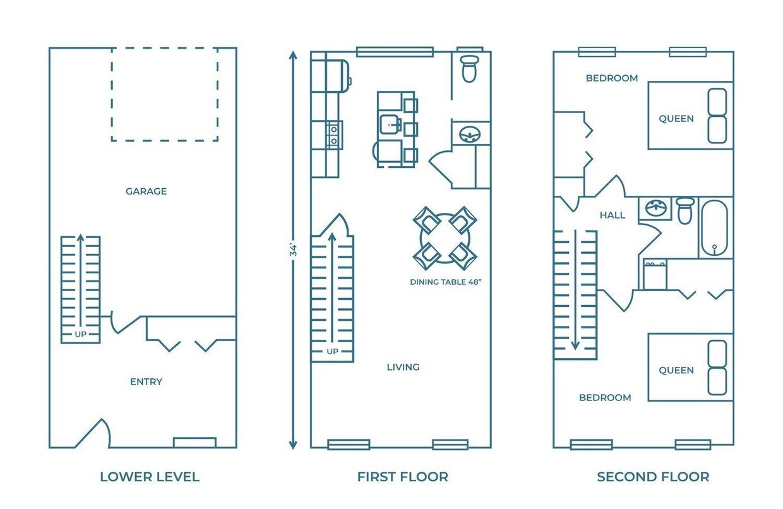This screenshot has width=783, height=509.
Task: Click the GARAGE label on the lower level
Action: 146,191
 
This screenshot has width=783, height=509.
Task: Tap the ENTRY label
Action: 146,381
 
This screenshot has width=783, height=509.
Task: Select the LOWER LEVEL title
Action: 150,477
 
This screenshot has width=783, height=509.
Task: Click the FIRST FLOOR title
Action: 403,477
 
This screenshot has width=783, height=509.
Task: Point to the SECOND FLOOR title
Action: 653,477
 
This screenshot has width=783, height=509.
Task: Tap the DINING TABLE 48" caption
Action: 446,282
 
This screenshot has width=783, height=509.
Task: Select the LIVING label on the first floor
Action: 403,367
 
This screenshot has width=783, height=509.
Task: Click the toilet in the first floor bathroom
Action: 469,68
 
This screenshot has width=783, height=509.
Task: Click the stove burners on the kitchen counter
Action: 333,134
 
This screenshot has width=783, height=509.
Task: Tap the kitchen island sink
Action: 390,124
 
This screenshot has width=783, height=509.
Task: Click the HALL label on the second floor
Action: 613,215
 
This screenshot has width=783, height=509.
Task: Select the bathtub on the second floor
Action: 714,227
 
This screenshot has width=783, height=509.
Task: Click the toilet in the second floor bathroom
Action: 685,210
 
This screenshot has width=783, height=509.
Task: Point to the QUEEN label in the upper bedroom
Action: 676,119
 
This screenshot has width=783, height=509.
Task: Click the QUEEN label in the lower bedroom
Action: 676,371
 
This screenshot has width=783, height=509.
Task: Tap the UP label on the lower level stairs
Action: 81,334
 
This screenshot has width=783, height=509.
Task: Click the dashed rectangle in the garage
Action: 165,93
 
